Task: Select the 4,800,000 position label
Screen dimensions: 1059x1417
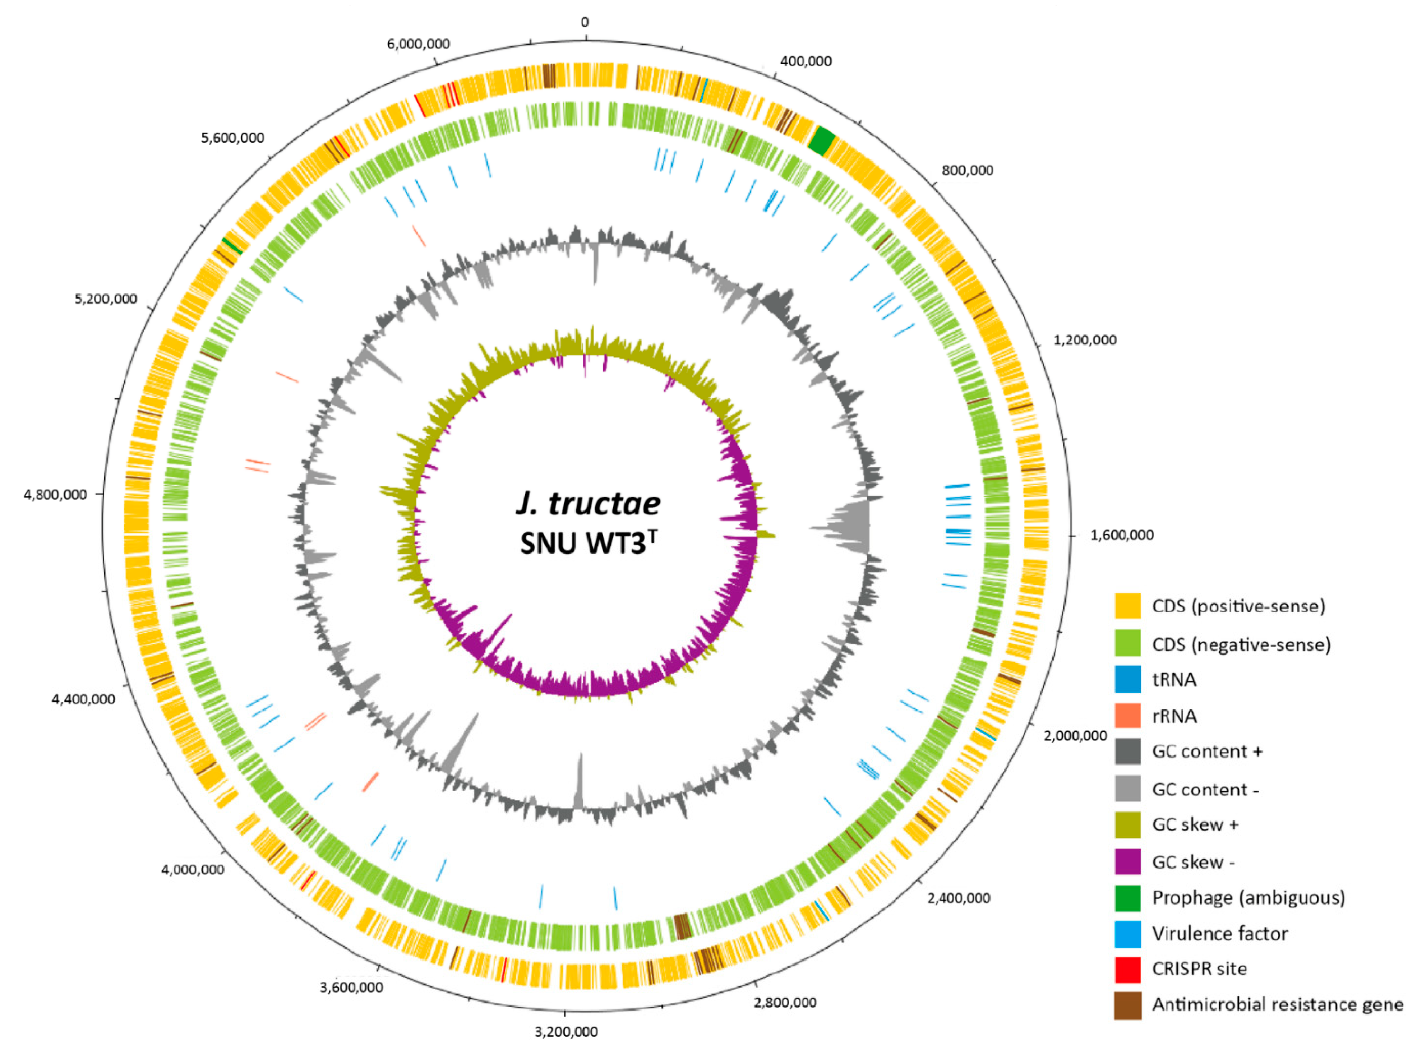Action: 55,495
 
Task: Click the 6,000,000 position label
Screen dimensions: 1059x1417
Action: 418,43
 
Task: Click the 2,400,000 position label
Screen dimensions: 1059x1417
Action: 958,898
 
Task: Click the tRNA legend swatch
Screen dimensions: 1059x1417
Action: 1127,680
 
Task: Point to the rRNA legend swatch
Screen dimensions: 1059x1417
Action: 1127,716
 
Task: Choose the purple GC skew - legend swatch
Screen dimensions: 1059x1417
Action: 1127,862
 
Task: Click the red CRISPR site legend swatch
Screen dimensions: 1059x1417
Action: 1127,969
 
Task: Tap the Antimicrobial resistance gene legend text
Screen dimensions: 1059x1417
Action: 1277,1004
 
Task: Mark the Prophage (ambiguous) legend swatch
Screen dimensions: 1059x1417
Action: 1127,898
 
